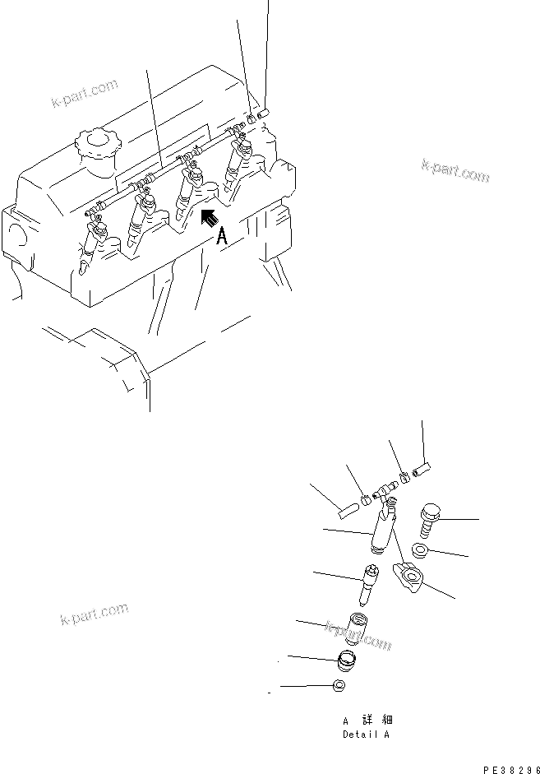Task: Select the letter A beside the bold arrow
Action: click(221, 239)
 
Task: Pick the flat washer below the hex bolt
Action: click(420, 549)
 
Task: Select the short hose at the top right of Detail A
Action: click(421, 470)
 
